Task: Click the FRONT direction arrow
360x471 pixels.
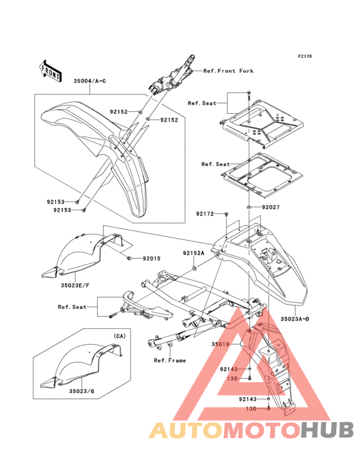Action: click(50, 71)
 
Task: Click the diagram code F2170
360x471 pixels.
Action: click(305, 56)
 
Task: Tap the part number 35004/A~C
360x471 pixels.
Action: click(90, 81)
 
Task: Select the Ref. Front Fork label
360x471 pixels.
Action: click(228, 71)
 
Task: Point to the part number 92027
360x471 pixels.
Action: click(271, 207)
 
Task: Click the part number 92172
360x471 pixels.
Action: click(205, 214)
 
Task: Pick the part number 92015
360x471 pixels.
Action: click(152, 258)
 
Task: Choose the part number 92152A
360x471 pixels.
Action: click(194, 254)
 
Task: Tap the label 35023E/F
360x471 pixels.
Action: click(75, 285)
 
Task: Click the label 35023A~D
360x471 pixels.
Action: click(295, 319)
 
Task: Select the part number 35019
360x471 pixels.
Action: click(221, 344)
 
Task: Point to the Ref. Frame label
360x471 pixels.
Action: click(170, 360)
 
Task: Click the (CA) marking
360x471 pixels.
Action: click(120, 336)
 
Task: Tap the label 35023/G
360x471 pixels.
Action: click(82, 391)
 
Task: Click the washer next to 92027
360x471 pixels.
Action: click(249, 207)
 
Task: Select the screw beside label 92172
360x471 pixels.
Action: click(227, 214)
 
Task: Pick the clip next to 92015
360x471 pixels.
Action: click(129, 258)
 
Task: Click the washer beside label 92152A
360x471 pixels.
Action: click(194, 268)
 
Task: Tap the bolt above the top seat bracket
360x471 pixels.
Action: click(249, 95)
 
